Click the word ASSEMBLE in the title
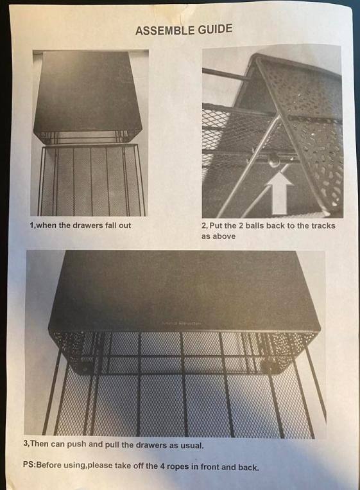[165, 30]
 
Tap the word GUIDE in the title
[215, 29]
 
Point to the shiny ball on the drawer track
[275, 161]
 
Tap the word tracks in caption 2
[323, 225]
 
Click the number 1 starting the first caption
[31, 225]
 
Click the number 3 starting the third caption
[26, 443]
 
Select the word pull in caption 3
[114, 444]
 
